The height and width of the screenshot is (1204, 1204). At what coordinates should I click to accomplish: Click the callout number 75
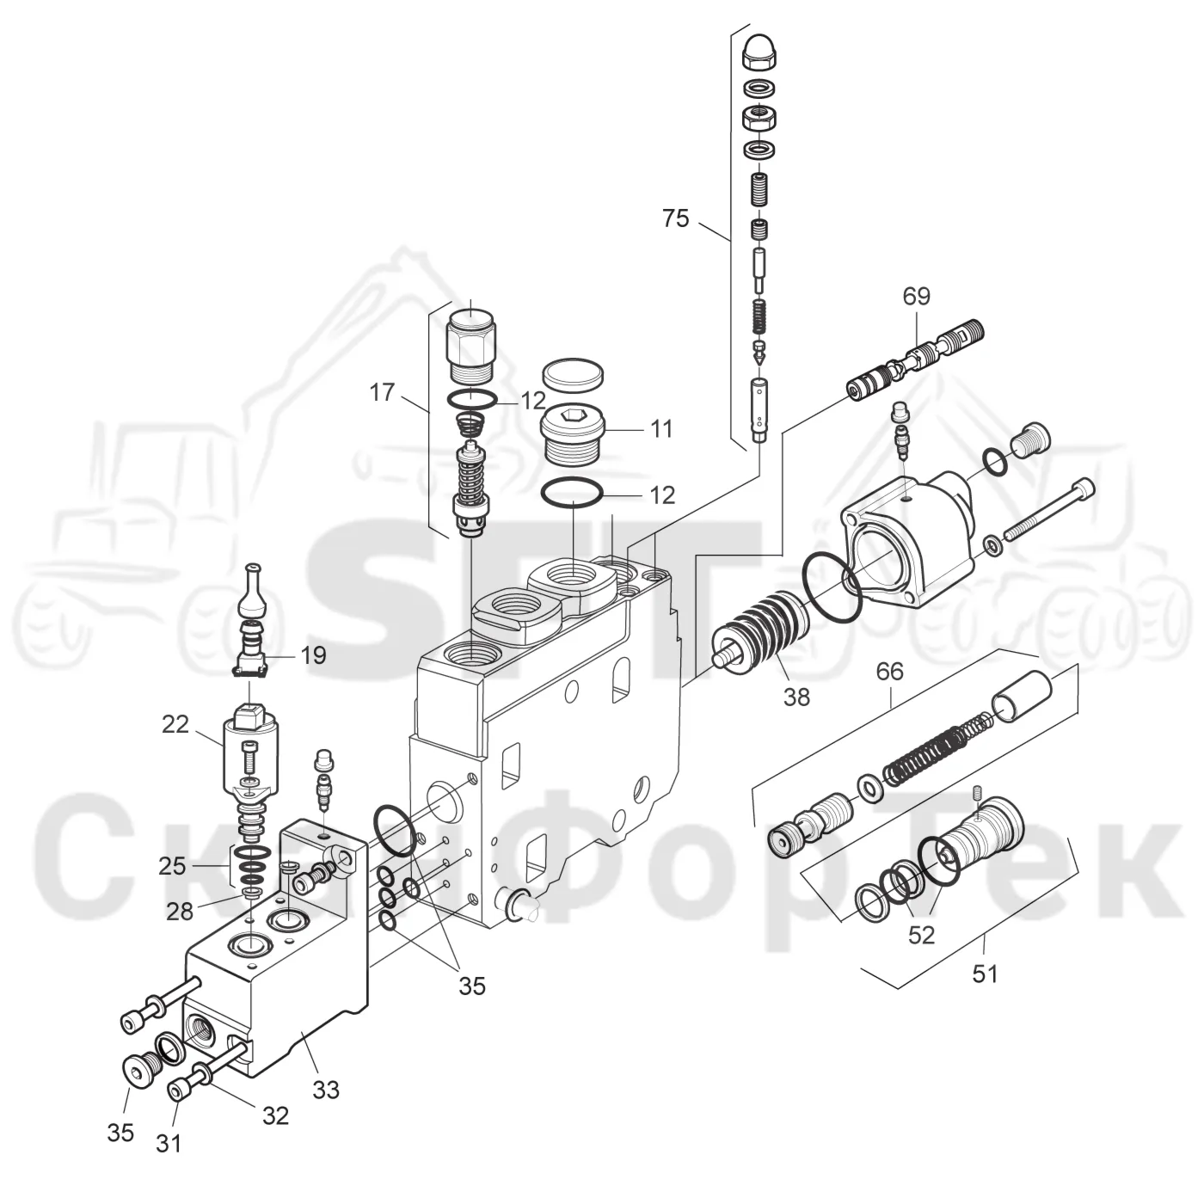[x=675, y=218]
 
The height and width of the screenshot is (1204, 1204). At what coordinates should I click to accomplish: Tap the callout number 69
[x=916, y=296]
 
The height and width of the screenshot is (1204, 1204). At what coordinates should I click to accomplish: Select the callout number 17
[x=382, y=392]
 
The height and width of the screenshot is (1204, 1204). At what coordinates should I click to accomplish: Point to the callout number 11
[x=661, y=429]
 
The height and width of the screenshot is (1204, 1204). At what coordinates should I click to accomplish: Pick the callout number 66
[x=890, y=671]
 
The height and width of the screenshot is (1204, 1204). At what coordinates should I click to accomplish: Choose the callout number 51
[x=986, y=974]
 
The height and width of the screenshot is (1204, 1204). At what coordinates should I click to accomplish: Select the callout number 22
[x=175, y=724]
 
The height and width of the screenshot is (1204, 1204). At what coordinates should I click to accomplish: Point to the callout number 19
[x=313, y=655]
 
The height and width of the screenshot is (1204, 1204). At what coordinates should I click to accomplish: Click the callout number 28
[x=180, y=912]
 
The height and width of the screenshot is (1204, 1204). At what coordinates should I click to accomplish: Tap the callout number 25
[x=172, y=866]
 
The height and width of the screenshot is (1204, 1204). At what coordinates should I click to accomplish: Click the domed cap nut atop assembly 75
[x=759, y=53]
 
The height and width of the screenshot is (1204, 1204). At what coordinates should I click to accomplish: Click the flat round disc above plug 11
[x=574, y=375]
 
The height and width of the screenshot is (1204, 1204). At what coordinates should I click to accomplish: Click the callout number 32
[x=275, y=1115]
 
